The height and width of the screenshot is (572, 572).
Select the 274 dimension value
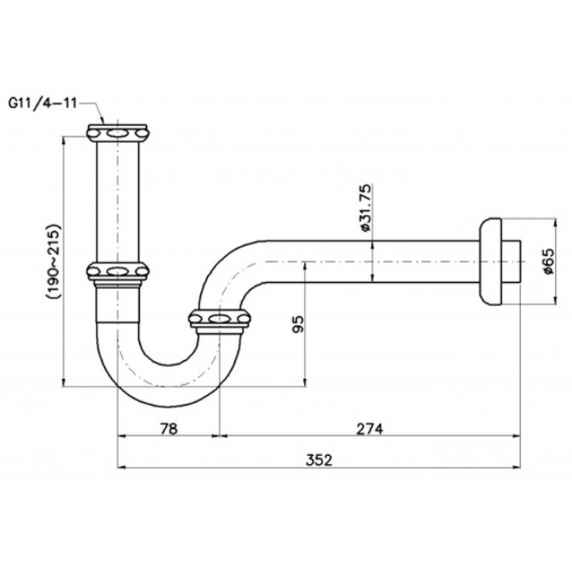pyautogui.click(x=369, y=428)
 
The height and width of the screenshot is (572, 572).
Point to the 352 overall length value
pyautogui.click(x=318, y=460)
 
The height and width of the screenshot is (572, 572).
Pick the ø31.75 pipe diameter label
pyautogui.click(x=366, y=209)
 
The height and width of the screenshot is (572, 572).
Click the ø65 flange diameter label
pyautogui.click(x=546, y=261)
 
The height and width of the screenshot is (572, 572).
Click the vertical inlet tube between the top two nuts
pyautogui.click(x=117, y=201)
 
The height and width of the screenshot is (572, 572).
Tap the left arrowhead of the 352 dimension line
pyautogui.click(x=121, y=467)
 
